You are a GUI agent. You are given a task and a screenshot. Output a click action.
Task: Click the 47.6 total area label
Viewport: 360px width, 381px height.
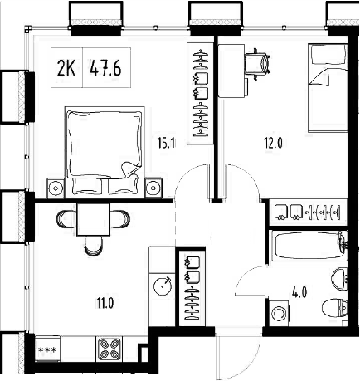tap(105, 68)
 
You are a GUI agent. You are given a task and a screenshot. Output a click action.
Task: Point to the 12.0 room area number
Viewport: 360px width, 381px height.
tap(274, 142)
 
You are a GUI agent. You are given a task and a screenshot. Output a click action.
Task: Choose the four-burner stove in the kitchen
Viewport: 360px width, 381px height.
tap(109, 349)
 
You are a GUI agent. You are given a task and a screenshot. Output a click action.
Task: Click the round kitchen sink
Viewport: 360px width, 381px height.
tap(163, 285)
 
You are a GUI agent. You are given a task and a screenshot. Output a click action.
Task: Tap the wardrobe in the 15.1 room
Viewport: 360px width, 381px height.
tap(200, 93)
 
